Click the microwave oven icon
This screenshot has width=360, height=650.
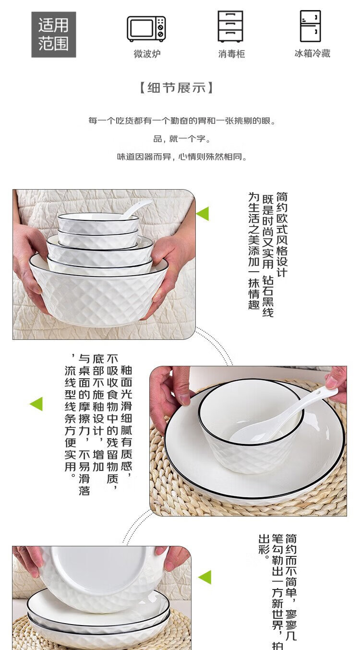tap(146, 29)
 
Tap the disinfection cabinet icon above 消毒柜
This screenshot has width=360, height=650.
tap(230, 26)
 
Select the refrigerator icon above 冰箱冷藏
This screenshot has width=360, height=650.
tap(311, 26)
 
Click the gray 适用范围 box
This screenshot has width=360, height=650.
tap(54, 35)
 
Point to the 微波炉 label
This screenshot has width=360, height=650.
tap(147, 54)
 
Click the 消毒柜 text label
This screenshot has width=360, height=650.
tap(231, 54)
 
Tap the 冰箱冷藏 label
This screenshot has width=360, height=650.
tap(312, 53)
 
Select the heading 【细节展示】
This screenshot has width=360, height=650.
tap(177, 88)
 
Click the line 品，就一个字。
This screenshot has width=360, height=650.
tap(182, 139)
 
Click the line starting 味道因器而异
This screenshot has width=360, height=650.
tap(182, 156)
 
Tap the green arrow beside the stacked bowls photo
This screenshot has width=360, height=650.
tap(203, 214)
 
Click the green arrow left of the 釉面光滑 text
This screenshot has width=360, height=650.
tap(36, 404)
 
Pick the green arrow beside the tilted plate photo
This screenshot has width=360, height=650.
tap(205, 577)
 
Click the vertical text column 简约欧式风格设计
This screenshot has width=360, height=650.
tap(282, 234)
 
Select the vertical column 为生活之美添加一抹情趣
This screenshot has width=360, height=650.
tap(254, 251)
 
